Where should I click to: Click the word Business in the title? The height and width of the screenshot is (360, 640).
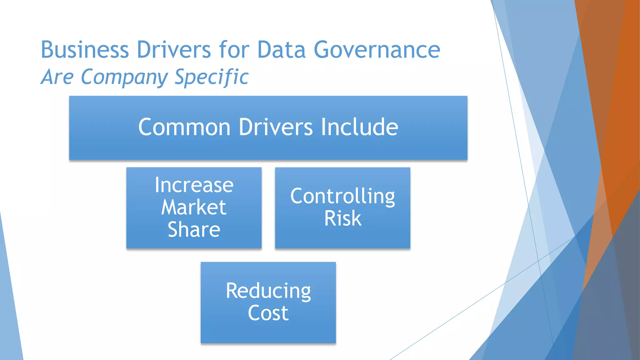[84, 50]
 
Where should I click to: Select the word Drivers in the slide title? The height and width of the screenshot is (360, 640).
[174, 50]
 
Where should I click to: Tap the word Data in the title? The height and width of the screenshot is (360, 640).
[281, 50]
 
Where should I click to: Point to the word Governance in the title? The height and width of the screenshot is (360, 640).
[377, 50]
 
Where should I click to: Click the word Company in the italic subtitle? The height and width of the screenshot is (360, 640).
[124, 77]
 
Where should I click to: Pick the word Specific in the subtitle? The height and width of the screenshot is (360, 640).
[212, 77]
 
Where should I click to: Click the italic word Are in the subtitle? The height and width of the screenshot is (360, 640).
[57, 77]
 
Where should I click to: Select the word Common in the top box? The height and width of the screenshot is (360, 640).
[184, 127]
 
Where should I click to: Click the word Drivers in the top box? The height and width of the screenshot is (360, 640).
[276, 127]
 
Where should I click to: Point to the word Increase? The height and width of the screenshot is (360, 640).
[194, 185]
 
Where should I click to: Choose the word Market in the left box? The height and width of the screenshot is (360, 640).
[194, 207]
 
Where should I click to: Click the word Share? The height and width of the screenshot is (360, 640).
[194, 230]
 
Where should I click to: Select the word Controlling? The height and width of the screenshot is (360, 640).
[342, 196]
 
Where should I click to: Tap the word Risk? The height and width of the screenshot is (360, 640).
[342, 218]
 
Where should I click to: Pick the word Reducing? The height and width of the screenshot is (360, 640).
[268, 291]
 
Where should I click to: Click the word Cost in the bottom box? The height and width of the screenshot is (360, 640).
[268, 313]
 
